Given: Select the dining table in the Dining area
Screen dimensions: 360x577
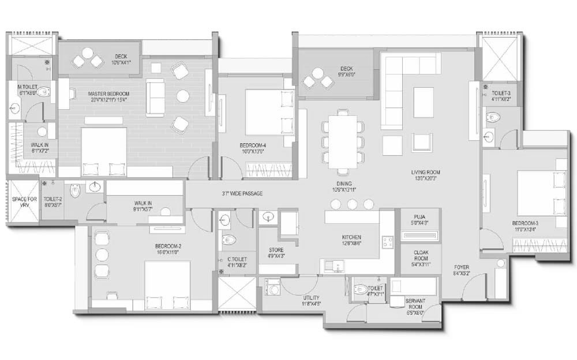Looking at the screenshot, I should pos(343,141).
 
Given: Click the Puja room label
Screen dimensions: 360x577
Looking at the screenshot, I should pos(419,218).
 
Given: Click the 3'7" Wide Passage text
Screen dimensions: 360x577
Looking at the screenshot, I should pos(242,193).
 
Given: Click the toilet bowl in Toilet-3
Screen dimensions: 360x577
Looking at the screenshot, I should pos(492,117).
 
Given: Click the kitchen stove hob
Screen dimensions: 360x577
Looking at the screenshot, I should pos(387,242).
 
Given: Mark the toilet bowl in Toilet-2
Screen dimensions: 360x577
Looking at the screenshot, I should pos(75,190).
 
